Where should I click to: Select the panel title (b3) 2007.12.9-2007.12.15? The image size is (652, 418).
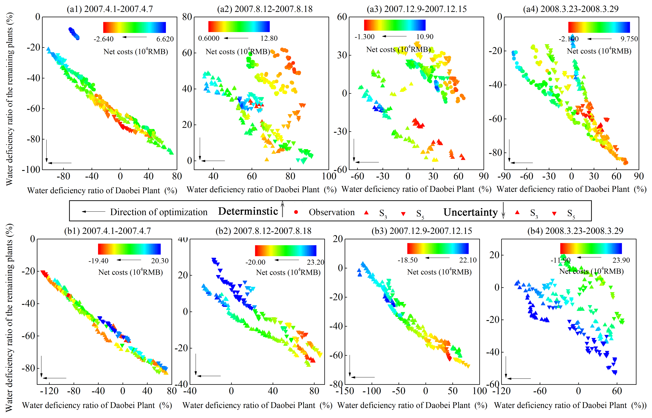tap(422, 231)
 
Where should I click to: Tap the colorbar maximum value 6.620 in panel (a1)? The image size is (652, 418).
tap(165, 39)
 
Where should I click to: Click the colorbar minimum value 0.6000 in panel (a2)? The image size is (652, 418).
tap(209, 38)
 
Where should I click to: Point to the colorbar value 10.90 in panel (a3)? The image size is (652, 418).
tap(425, 37)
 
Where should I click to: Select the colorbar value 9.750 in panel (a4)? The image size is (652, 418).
tap(629, 39)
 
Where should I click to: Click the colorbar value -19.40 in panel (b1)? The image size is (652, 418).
tap(98, 261)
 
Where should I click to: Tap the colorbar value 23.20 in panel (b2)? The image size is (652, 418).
tap(315, 262)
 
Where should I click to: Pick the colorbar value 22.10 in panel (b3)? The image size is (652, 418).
tap(468, 260)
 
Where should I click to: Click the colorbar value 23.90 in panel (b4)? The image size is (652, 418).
tap(621, 260)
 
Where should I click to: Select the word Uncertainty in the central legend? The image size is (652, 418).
tap(470, 212)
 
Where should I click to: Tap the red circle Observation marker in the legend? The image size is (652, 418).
tap(296, 212)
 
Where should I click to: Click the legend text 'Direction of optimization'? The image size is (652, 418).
tap(159, 212)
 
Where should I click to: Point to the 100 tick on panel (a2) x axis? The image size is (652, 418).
tap(329, 177)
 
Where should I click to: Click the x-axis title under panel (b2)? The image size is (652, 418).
tap(257, 405)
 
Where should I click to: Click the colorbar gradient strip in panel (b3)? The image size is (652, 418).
tap(438, 248)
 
